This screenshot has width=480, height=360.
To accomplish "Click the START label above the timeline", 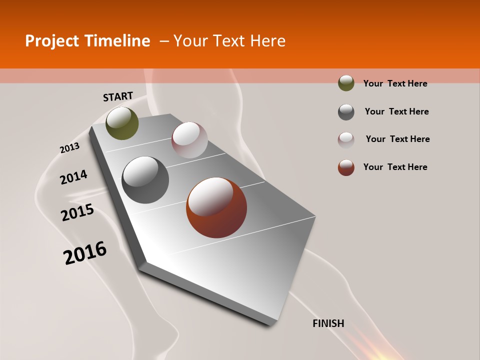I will point(118,96).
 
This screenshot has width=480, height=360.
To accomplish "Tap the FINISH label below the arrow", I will point(328,323).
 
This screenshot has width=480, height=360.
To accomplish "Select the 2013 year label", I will point(69,148).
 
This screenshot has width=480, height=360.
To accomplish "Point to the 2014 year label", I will point(73,177).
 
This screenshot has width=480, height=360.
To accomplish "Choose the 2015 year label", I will point(77,212).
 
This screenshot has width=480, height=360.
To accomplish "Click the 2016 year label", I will point(85,252).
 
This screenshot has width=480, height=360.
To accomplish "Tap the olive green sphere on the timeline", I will point(122,123).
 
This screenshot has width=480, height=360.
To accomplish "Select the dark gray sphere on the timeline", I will point(145,180).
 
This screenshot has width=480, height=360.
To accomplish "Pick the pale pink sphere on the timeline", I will point(189,140).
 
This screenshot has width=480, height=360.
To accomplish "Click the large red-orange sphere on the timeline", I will point(216,207).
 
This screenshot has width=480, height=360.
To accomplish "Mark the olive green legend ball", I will point(346,83).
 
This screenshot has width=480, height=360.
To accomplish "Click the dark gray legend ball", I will point(346,111).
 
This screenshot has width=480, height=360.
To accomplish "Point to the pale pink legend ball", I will point(346,139).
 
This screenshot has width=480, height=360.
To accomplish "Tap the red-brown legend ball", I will point(346,167).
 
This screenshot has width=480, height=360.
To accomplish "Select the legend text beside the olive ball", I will point(395,83).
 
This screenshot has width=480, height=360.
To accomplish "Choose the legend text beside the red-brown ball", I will point(395,167).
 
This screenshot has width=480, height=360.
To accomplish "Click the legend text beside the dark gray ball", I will point(396,111).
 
